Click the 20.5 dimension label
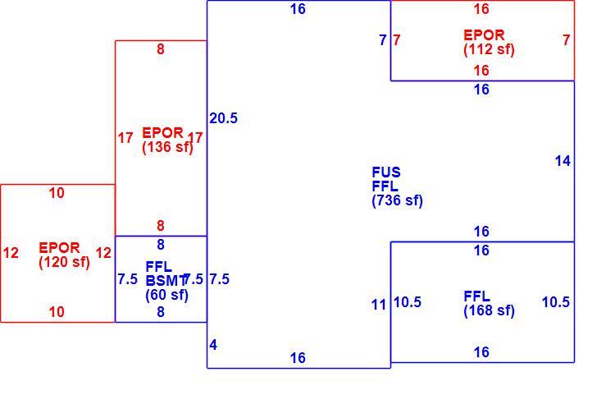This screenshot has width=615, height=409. coord(223,118)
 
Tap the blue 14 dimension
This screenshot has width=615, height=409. coord(563,161)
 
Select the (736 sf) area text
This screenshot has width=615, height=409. coord(398,200)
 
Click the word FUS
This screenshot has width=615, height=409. coord(386,172)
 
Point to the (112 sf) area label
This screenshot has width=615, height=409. coord(489,49)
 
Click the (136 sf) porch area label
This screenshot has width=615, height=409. coord(168,147)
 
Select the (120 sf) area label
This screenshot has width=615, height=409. coord(64,262)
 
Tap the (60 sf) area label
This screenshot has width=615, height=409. coord(166,295)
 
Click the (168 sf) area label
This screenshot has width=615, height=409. coord(489,310)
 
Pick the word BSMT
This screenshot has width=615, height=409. coord(165,281)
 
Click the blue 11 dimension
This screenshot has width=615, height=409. coord(379,305)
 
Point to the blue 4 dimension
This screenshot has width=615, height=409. coord(213,345)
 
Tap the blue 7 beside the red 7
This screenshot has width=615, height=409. coord(383,39)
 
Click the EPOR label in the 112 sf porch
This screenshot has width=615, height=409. coord(484,35)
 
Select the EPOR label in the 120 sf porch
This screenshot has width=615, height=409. coord(59,247)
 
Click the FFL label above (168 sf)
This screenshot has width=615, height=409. coord(477,296)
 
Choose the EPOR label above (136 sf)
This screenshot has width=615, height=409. coord(163,133)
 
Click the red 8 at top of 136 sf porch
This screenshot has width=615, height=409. coord(161,49)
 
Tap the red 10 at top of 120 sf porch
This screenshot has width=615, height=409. coord(57,193)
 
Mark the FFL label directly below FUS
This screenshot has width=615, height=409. coord(385,186)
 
